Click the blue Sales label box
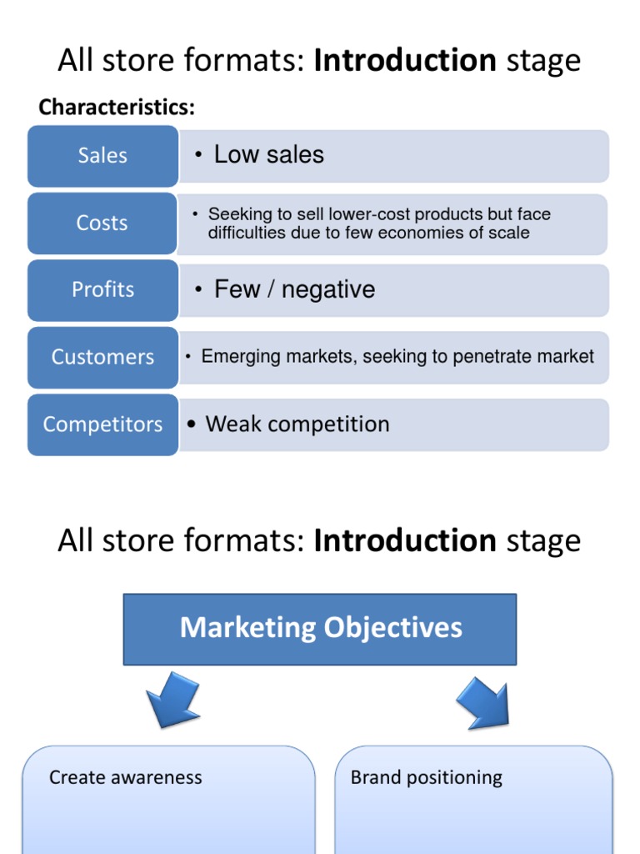[102, 156]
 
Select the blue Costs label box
[102, 224]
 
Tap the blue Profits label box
[102, 290]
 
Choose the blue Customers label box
[102, 358]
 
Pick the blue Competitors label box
[102, 424]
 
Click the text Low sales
[268, 154]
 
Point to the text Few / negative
[294, 289]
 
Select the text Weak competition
[297, 424]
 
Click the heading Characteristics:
[117, 108]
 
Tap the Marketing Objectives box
[320, 628]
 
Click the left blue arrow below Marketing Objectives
[172, 699]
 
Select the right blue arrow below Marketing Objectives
[482, 701]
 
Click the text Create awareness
[125, 778]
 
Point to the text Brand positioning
[426, 778]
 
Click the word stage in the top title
[542, 61]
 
